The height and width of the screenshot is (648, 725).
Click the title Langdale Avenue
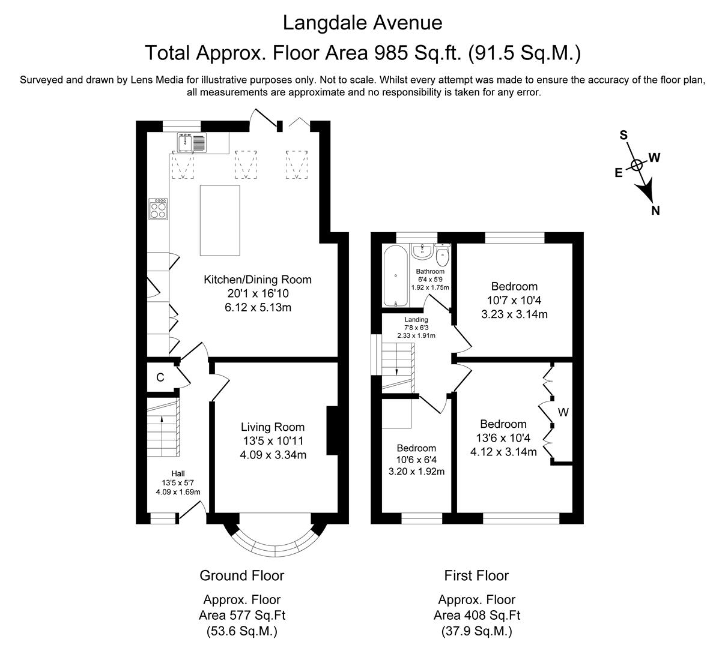pos(362,23)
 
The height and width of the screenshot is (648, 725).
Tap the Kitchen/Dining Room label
pos(258,280)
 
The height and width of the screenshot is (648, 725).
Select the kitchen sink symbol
pos(192,142)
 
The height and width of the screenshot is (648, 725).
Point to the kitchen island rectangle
pos(220,220)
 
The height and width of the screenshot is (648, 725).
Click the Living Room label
pos(272,427)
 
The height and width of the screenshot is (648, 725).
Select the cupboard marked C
pos(160,377)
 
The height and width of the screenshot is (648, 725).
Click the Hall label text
pos(178,474)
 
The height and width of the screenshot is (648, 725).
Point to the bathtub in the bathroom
pos(396,276)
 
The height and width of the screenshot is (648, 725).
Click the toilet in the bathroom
pos(443,256)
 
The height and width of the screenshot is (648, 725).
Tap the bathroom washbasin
pos(422,250)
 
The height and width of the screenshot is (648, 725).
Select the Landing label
pos(416,320)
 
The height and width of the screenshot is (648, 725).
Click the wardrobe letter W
pos(563,412)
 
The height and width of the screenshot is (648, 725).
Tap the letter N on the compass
pos(656,210)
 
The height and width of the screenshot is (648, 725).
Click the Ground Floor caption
pos(241,576)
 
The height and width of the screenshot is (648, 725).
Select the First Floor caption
pos(476,576)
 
